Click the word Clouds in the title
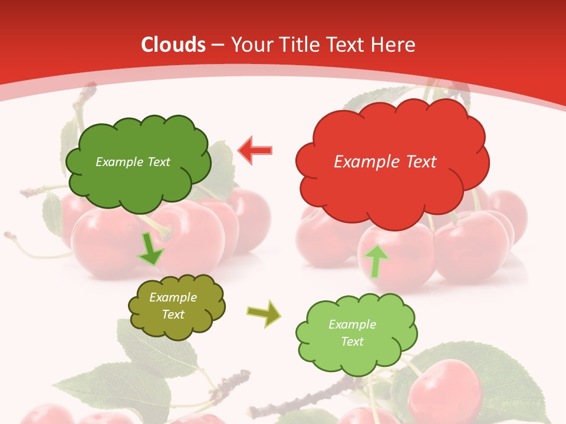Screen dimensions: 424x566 (x=173, y=45)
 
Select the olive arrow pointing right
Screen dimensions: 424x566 (x=264, y=313)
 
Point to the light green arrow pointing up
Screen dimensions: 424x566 (x=377, y=261)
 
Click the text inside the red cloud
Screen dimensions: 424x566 (x=385, y=162)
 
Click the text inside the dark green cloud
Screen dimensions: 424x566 (x=133, y=162)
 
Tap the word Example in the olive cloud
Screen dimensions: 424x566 (x=173, y=297)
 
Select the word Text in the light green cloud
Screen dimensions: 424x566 (x=352, y=342)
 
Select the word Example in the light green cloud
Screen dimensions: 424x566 (x=352, y=324)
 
